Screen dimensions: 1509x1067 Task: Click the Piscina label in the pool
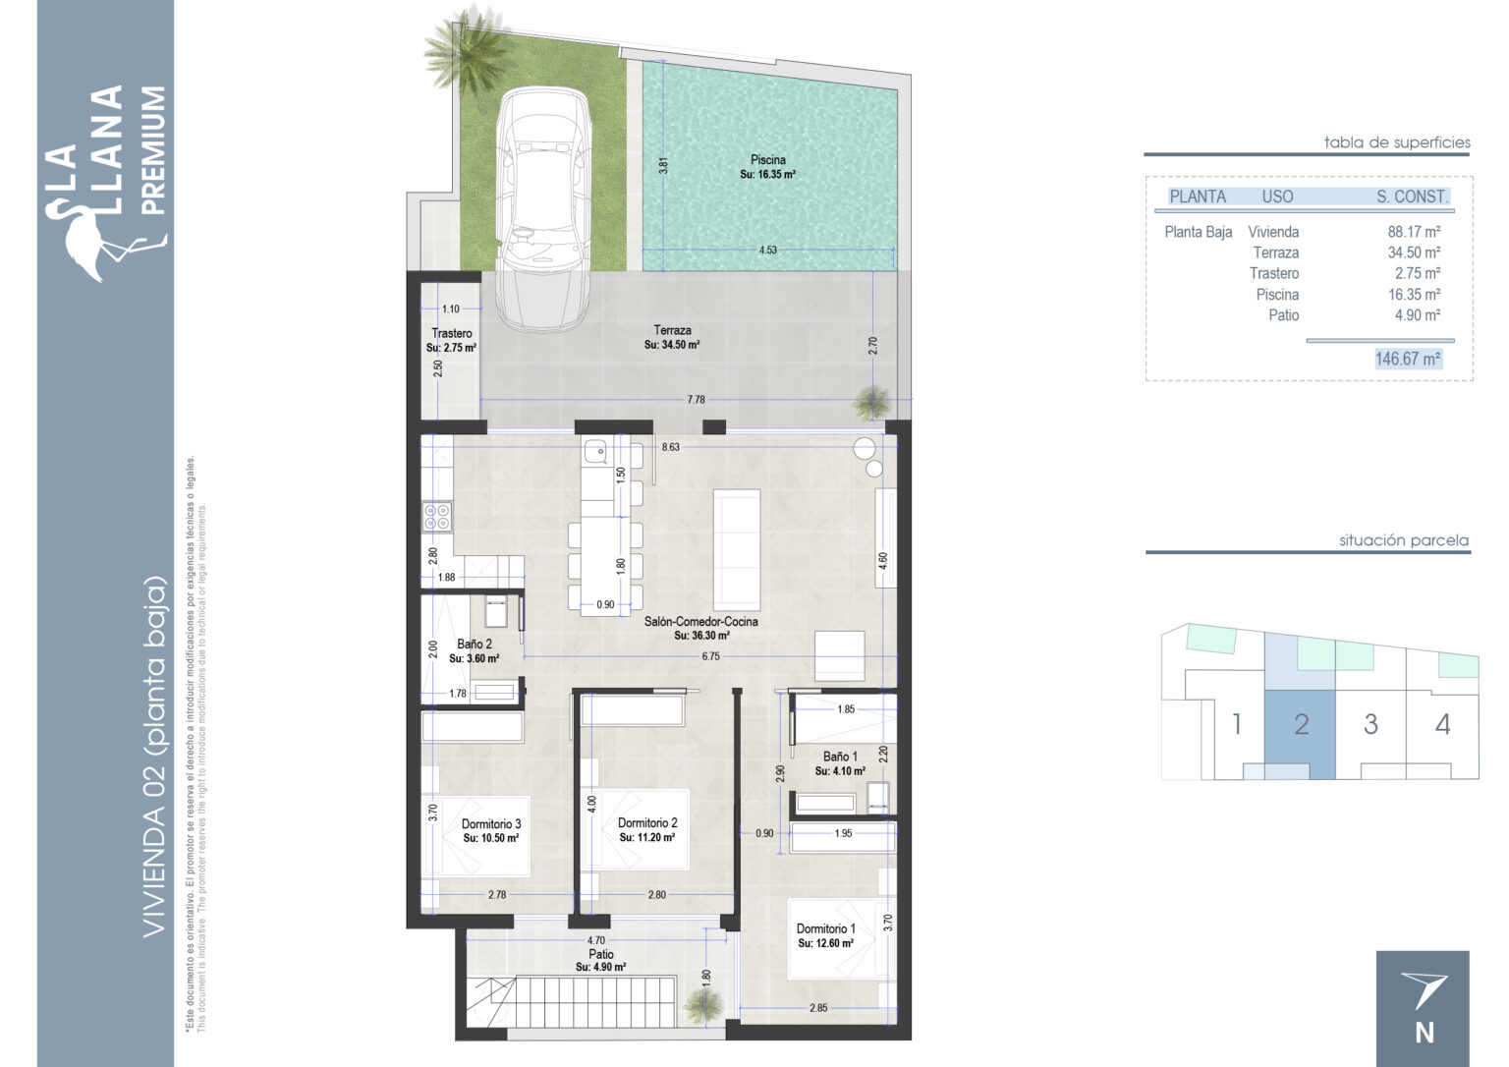pos(768,159)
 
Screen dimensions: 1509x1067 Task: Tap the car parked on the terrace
pos(543,209)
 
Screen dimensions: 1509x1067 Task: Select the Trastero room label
pos(451,333)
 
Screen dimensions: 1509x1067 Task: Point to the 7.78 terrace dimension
pos(696,400)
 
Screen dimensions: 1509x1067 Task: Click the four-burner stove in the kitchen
pos(436,517)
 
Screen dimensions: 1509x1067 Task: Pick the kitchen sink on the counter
pos(594,451)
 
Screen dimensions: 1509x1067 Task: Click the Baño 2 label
pos(475,644)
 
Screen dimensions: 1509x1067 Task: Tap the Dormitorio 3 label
pos(491,823)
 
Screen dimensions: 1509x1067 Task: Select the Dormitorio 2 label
pos(647,822)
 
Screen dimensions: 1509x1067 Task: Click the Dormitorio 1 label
pos(826,928)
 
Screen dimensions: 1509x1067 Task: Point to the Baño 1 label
pos(840,757)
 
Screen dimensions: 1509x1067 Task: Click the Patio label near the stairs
pos(601,954)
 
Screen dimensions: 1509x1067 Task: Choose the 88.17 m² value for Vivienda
pos(1414,232)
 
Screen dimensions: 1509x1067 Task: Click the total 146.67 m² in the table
pos(1407,359)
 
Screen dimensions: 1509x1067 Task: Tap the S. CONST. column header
pos(1412,197)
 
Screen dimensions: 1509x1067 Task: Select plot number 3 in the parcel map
pos(1370,724)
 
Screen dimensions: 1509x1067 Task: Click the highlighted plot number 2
pos(1301,724)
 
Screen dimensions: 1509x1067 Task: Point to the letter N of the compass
pos(1425,1034)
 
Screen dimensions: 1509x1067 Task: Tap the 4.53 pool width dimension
pos(768,250)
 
